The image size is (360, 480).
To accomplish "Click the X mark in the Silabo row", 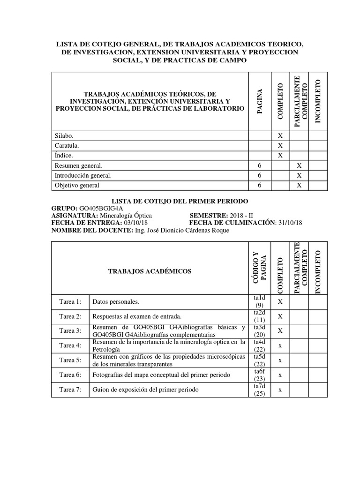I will pos(280,135).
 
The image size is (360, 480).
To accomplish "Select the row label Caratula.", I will pos(67,145).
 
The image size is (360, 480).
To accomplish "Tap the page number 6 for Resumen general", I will pos(259,165).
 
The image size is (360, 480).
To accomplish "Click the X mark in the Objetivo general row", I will pos(299,186).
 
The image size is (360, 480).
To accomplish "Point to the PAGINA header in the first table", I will pos(259,99).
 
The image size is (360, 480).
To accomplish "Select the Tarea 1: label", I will pos(70,301).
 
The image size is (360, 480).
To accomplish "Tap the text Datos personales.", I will pos(116,301).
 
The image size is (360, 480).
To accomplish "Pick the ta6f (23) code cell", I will pos(259,375).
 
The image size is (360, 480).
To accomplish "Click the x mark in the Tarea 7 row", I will pos(280,390).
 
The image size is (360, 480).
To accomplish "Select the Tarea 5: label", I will pos(70,360).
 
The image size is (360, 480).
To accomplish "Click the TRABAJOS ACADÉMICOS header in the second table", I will pos(150,271).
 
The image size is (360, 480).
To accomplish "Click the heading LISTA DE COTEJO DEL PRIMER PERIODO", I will pos(180,201).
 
